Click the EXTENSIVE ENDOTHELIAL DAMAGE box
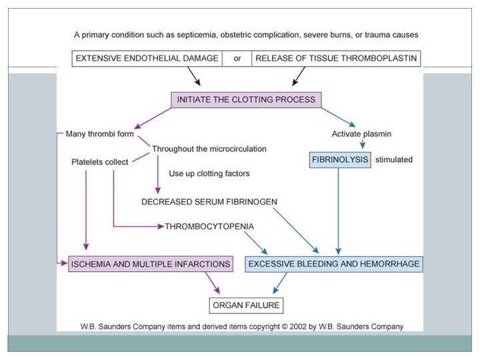147,58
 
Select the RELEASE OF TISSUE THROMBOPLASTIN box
336,58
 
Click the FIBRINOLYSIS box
340,160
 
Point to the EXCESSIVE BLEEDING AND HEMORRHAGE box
333,264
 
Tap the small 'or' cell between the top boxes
237,58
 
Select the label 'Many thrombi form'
100,133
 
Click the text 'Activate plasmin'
361,134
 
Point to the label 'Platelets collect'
100,161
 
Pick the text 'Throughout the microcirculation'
209,149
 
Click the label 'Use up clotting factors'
209,173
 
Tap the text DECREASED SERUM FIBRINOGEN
210,201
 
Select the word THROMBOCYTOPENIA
209,227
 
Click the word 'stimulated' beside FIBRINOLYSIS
394,160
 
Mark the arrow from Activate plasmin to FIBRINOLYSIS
362,145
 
